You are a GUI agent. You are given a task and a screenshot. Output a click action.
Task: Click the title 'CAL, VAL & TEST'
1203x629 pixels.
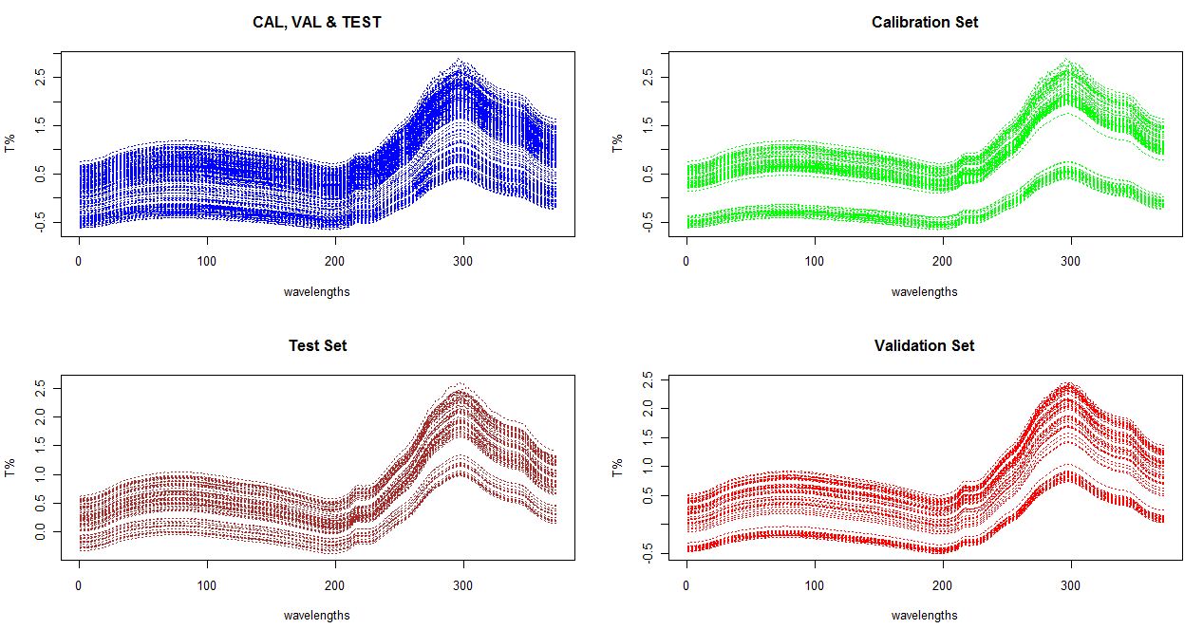point(316,22)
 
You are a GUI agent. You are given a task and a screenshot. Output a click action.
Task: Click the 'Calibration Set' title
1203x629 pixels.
point(924,22)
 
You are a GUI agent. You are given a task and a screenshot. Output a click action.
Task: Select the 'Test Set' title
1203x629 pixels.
point(317,346)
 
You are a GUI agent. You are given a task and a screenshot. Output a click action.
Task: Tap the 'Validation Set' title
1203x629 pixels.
point(924,346)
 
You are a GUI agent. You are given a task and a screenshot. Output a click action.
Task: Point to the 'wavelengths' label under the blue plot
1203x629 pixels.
point(316,291)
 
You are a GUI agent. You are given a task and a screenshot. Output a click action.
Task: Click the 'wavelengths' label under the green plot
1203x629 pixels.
point(924,291)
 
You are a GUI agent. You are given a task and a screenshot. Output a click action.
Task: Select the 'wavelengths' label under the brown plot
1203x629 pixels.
point(316,615)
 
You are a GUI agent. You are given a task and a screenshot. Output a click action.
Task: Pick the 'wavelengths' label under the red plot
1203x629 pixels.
point(924,615)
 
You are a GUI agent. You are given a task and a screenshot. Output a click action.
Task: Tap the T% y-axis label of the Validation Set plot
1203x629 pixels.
point(618,467)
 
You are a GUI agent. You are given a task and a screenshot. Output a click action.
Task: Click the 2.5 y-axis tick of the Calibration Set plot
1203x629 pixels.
point(648,77)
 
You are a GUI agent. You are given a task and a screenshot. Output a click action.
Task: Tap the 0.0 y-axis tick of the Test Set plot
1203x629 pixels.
point(41,534)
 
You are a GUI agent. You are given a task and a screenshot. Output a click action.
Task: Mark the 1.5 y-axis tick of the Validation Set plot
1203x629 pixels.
point(648,437)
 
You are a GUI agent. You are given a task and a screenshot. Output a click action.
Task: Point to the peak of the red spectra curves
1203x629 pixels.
point(1070,384)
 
